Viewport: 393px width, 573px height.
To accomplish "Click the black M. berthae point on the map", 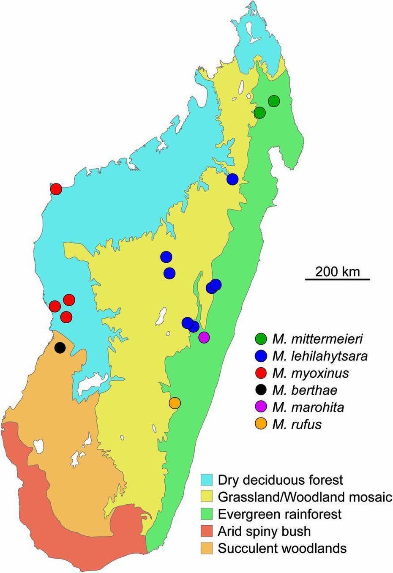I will (x=60, y=348).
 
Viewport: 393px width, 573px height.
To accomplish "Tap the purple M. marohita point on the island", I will (x=204, y=337).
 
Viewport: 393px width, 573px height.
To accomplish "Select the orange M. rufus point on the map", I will (x=175, y=403).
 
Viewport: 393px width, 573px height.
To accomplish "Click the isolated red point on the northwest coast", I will (x=56, y=189).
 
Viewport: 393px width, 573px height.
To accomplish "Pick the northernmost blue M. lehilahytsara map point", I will (x=232, y=179).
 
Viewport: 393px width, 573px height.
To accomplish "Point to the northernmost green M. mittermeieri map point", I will (x=274, y=101).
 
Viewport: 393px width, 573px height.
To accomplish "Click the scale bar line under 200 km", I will (x=337, y=279).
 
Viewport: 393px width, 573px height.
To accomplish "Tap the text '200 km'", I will (x=337, y=271).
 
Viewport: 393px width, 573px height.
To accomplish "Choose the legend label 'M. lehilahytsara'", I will (x=320, y=356).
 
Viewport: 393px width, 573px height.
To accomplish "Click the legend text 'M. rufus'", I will (x=297, y=424).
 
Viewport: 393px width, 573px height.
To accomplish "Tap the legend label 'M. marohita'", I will (x=308, y=407).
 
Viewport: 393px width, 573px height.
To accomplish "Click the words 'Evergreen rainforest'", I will (x=279, y=514).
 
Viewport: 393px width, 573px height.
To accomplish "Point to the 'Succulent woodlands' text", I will (x=282, y=548).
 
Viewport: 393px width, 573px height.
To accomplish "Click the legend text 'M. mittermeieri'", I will (x=317, y=338).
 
